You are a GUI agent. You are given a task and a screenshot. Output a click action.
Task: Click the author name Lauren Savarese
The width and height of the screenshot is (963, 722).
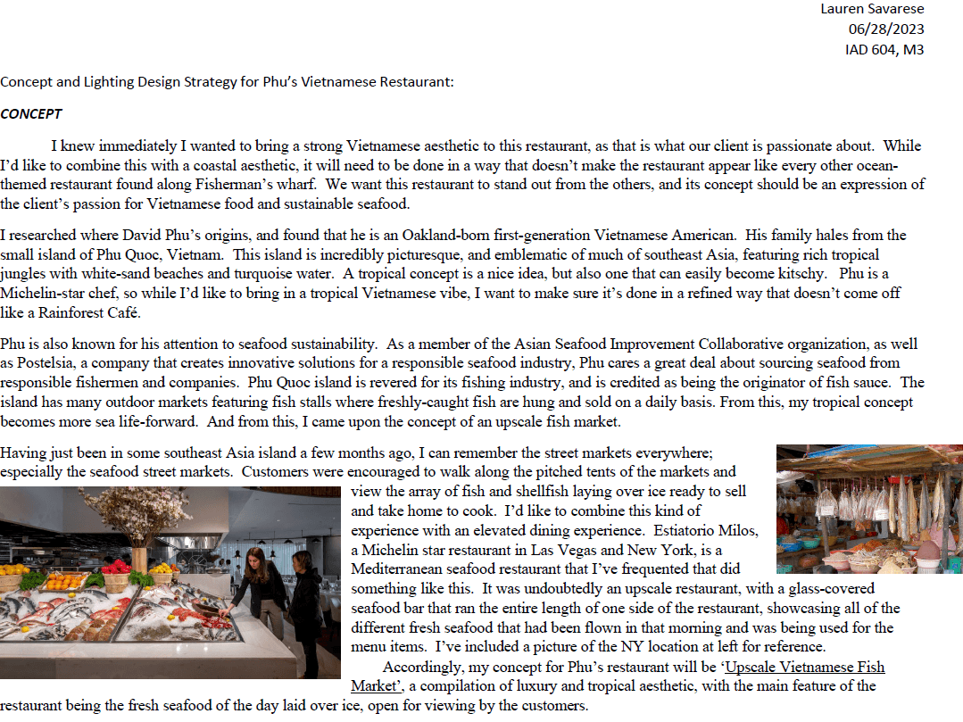coord(872,9)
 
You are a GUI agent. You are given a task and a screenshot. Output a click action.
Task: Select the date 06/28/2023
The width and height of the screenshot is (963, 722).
coord(885,29)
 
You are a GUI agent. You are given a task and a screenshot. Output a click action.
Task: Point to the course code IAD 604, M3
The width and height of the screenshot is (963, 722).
coord(884,49)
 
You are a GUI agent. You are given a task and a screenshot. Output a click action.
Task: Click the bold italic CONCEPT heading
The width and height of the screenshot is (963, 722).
coord(31,114)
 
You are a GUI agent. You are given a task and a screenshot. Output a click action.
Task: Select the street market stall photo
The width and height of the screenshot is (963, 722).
coord(868,509)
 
